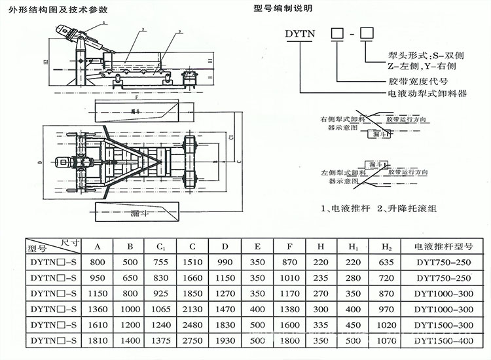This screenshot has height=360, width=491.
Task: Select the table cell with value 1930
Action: pos(223,340)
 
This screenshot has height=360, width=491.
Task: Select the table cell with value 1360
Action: pos(97,309)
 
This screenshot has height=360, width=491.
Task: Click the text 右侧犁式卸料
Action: pos(342,120)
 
